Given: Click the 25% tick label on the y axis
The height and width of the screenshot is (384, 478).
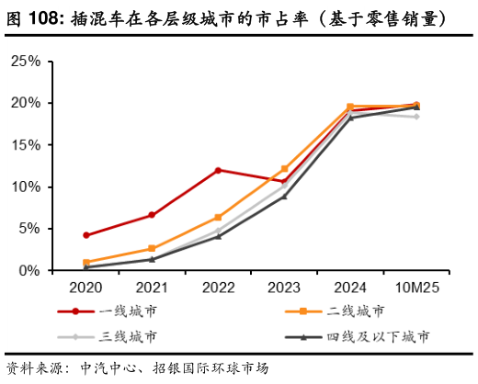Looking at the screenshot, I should pos(25,61).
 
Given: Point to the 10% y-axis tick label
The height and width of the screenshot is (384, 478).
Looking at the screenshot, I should pos(25,186).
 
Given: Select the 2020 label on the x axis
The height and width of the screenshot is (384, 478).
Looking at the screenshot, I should pos(85,288).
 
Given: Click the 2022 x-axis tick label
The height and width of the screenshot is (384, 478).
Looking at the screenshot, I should pos(218,288).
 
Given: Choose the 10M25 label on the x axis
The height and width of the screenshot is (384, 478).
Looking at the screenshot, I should pos(415,288).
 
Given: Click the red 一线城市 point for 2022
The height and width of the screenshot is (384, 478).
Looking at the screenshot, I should pos(218,170).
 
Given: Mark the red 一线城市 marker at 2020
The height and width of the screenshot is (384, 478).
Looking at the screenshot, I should pos(85,235).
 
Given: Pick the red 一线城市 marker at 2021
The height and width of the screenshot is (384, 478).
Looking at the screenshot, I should pos(152,215).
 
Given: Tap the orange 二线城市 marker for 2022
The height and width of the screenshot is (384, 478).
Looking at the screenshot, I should pos(218,218).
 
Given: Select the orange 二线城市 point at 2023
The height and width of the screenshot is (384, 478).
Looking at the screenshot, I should pos(284,169).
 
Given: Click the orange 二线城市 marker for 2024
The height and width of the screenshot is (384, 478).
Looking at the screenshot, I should pos(350,107).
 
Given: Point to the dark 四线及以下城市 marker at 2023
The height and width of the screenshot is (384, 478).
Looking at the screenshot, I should pos(284,197).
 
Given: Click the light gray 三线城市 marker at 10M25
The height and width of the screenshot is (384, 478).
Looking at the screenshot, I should pos(416,117).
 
